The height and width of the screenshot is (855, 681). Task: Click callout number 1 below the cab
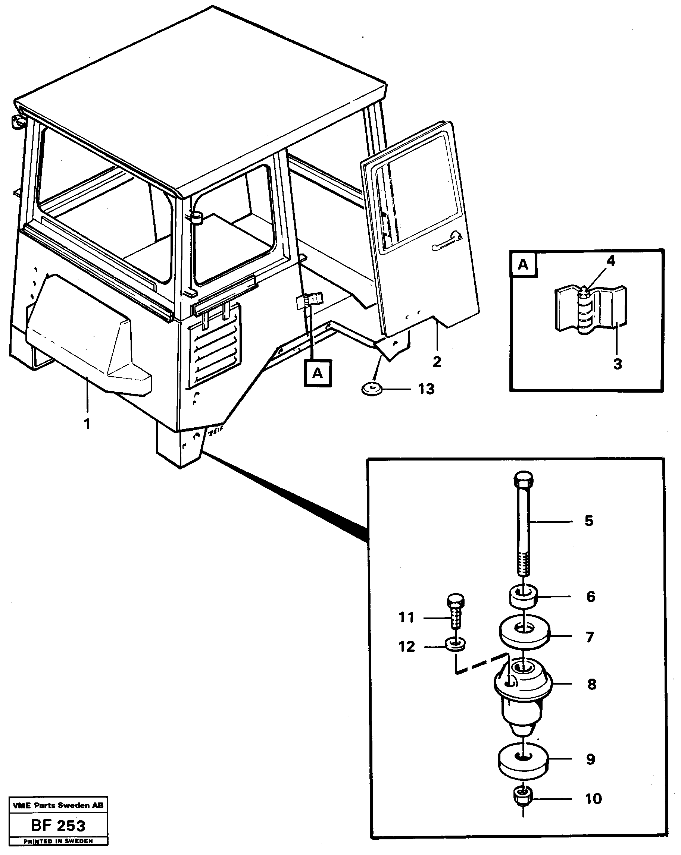(x=87, y=424)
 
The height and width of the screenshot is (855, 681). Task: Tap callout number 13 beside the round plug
(x=426, y=389)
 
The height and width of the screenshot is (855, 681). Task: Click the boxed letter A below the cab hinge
(x=318, y=373)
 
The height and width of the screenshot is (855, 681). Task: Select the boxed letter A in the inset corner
(x=523, y=264)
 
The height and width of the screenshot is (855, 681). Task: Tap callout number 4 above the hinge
(x=611, y=261)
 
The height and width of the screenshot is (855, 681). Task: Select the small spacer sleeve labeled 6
(x=524, y=598)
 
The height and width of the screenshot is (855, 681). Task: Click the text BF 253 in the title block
(x=58, y=826)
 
